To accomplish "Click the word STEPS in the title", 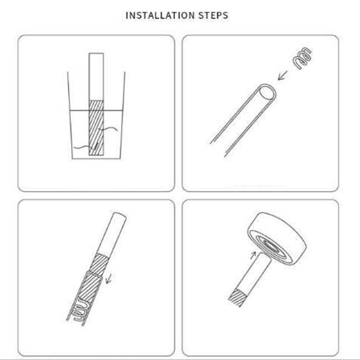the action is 213,16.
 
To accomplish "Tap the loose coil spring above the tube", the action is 302,58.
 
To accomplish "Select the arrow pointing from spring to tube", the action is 283,75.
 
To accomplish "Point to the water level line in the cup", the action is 96,111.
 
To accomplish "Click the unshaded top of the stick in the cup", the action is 96,77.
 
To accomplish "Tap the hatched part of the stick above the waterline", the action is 96,106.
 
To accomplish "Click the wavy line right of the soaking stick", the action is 108,129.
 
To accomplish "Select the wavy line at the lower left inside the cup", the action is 85,147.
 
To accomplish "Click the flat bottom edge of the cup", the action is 96,158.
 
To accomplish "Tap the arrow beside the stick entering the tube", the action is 108,278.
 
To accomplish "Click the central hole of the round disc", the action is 271,246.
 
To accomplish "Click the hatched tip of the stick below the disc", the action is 238,297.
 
